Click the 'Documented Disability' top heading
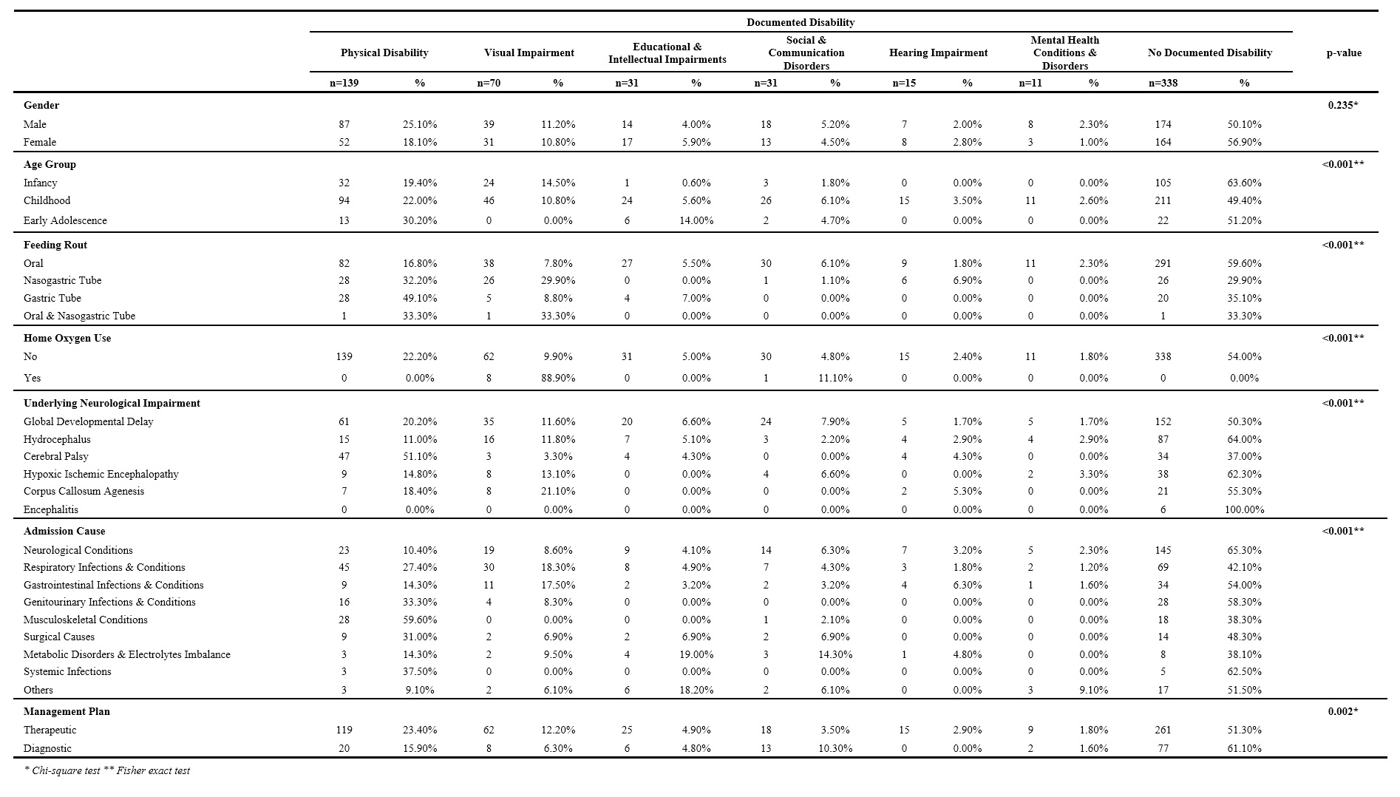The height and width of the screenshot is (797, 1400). (801, 22)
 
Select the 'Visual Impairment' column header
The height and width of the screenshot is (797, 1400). (529, 52)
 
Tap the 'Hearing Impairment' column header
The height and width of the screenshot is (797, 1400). (938, 52)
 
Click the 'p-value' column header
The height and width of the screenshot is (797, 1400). (1344, 52)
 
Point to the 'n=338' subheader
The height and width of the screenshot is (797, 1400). (1163, 83)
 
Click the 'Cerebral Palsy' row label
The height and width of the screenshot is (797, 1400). (56, 456)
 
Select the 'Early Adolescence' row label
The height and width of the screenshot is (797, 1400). (65, 220)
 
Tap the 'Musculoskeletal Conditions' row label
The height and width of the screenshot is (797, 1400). (86, 620)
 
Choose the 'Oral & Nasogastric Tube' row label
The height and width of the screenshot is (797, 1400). (80, 316)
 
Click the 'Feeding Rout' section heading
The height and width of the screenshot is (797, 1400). (55, 245)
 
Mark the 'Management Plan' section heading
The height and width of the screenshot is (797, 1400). (67, 711)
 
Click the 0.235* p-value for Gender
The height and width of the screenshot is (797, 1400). (1343, 105)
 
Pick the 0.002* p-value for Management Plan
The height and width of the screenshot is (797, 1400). (1343, 711)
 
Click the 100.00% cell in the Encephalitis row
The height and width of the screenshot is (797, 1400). (1244, 509)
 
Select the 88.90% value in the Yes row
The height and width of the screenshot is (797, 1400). (558, 378)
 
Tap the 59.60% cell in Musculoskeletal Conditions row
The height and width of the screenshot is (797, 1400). (420, 620)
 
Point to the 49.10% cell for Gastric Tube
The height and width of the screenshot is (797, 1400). (420, 298)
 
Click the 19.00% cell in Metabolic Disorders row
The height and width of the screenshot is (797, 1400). (696, 654)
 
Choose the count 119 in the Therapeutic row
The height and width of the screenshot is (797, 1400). (344, 730)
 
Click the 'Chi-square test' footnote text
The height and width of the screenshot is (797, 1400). (62, 770)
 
